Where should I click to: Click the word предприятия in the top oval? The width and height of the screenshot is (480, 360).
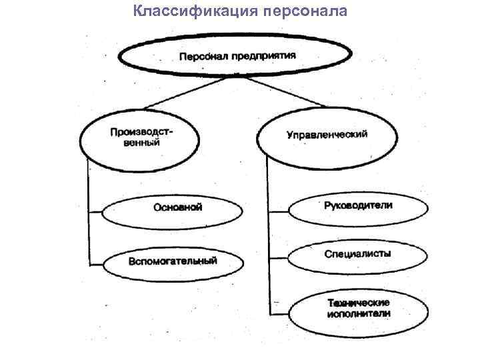(265, 57)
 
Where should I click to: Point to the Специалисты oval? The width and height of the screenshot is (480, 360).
(357, 254)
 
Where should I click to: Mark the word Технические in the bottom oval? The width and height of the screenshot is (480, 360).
(358, 301)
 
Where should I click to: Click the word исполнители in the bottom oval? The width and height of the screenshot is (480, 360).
(358, 313)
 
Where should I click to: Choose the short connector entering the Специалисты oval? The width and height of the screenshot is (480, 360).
(278, 257)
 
